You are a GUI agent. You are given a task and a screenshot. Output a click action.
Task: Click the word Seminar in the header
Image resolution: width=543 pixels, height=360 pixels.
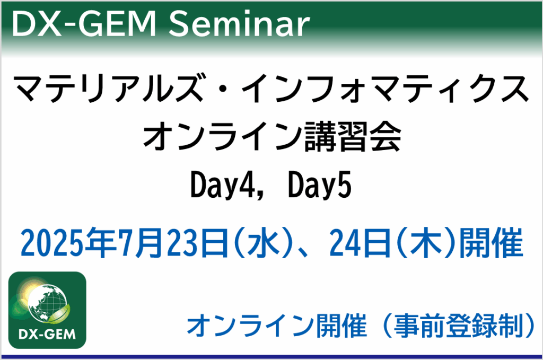[239, 24]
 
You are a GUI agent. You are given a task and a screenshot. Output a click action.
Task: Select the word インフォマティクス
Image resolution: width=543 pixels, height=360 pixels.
[385, 89]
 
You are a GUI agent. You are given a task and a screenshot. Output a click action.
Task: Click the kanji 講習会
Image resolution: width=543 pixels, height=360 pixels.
[353, 137]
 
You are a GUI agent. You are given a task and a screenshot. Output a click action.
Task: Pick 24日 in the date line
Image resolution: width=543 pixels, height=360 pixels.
[361, 242]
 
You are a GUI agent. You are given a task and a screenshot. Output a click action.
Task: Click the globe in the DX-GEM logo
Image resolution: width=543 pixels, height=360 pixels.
[47, 304]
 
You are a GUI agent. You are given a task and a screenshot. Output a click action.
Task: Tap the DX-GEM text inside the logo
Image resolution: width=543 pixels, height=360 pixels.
[47, 335]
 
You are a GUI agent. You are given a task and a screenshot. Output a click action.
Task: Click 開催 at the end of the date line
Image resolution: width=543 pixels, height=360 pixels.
[492, 242]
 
